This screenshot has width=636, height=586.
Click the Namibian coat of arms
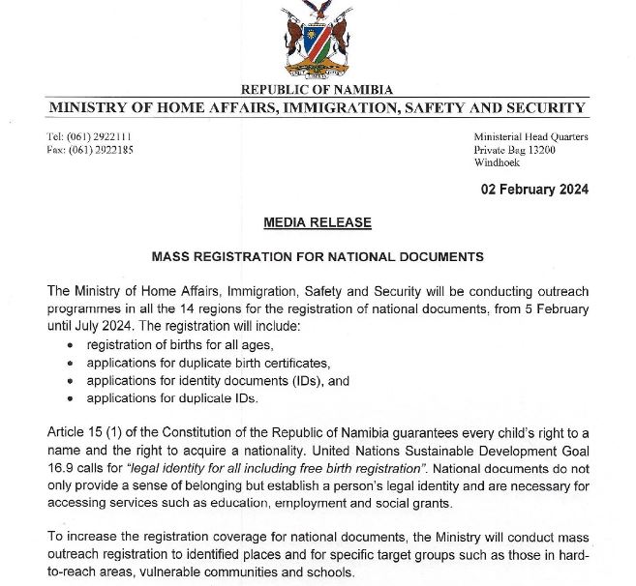(x=317, y=41)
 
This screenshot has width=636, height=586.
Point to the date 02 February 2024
(x=534, y=190)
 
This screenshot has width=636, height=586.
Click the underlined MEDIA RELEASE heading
(x=318, y=222)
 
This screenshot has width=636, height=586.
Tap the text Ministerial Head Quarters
(x=530, y=136)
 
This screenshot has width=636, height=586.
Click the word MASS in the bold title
(x=171, y=257)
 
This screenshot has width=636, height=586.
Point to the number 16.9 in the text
(x=61, y=468)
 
